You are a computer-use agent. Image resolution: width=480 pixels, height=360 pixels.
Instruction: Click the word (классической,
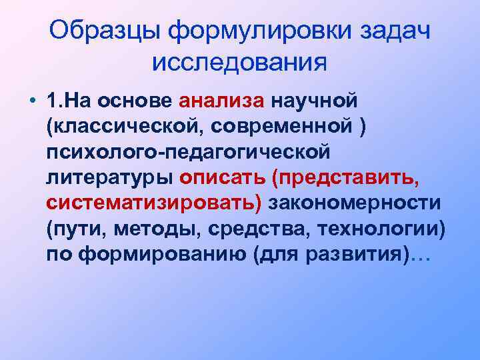coord(118,126)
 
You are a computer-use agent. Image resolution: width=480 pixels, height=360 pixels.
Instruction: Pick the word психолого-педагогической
coord(188,152)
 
